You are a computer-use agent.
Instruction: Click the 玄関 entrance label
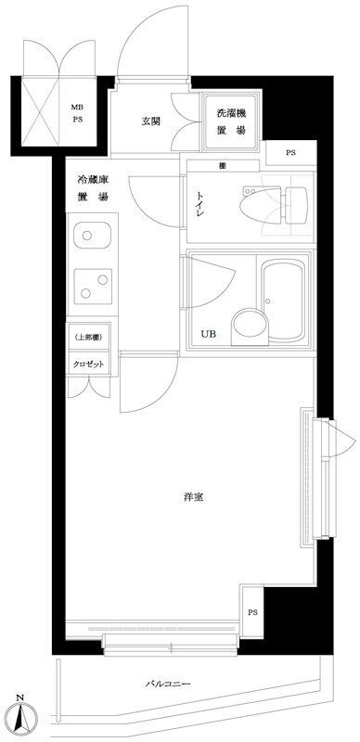click(150, 122)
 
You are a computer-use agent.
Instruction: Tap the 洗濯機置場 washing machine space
click(231, 122)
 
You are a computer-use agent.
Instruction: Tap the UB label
click(208, 334)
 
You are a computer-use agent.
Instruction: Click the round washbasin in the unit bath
click(250, 326)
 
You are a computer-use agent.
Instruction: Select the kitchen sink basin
click(93, 236)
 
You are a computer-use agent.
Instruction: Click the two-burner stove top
click(94, 287)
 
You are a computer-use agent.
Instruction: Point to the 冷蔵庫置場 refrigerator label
click(93, 188)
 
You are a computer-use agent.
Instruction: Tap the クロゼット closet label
click(88, 365)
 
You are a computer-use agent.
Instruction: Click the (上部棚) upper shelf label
click(88, 337)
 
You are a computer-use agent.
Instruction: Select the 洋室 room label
click(194, 497)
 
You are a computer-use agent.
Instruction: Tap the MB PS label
click(77, 113)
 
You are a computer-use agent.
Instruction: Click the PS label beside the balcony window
click(252, 612)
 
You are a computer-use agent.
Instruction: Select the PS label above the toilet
click(290, 153)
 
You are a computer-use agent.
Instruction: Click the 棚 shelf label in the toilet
click(222, 166)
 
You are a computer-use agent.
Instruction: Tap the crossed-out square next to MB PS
click(41, 111)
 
